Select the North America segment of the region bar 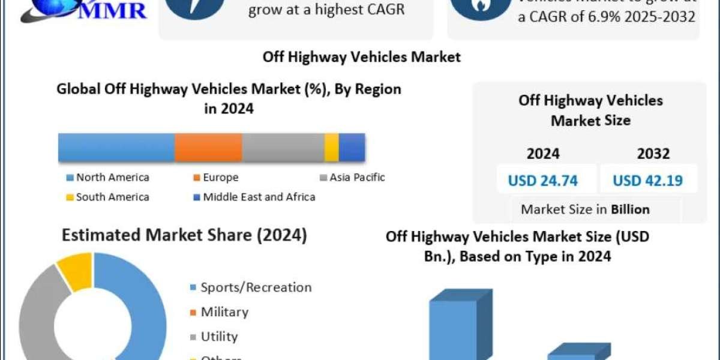(x=116, y=148)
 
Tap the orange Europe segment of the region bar (x=208, y=148)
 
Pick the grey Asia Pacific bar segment (x=283, y=148)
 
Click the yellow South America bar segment (x=331, y=148)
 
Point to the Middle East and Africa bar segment (x=352, y=148)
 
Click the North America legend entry (x=108, y=178)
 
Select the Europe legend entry (x=215, y=178)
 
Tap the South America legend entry (x=108, y=197)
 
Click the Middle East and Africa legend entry (x=254, y=197)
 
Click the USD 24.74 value (x=547, y=181)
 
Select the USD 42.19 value (x=648, y=181)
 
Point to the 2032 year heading (x=653, y=154)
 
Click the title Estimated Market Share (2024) (x=185, y=235)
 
